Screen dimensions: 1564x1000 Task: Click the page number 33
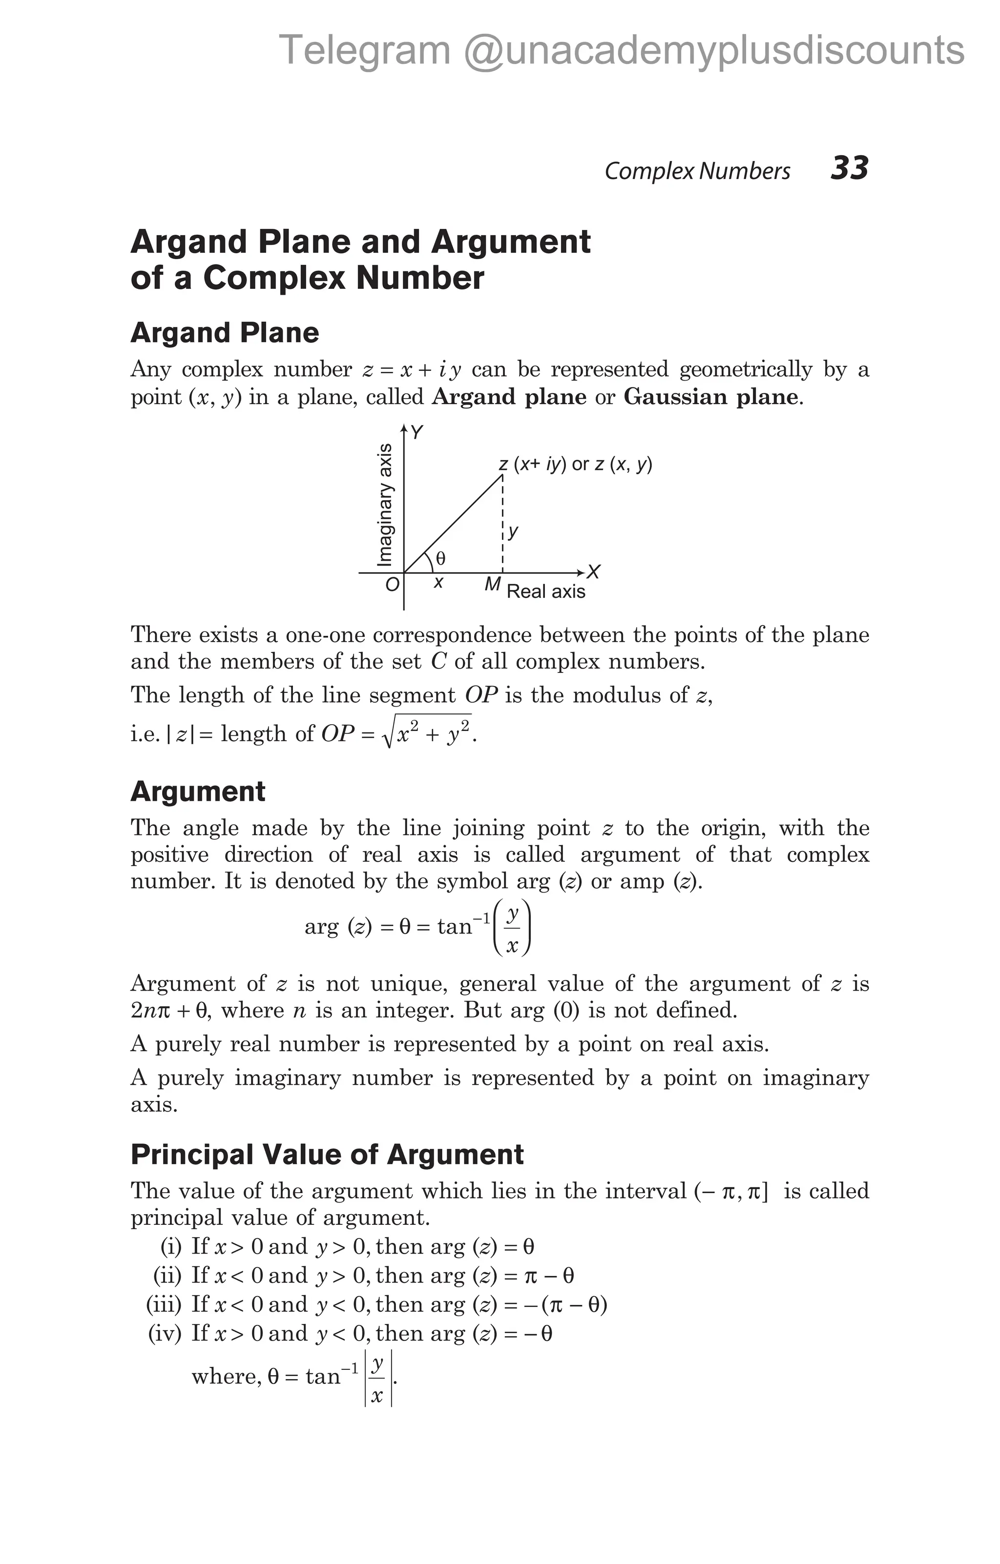pos(849,168)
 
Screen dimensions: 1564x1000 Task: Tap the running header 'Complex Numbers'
pos(697,171)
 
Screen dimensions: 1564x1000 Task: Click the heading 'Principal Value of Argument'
pos(327,1154)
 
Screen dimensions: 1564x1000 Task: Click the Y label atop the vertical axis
pos(417,432)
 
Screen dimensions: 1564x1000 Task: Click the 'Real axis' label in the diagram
pos(546,592)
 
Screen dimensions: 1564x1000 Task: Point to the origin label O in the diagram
pos(392,585)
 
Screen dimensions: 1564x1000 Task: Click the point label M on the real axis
pos(493,585)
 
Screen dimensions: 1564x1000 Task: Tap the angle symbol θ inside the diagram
pos(440,558)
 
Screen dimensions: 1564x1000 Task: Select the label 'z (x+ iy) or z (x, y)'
pos(575,465)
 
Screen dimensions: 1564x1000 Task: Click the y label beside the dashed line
pos(513,532)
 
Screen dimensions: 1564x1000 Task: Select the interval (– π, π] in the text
pos(731,1191)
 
